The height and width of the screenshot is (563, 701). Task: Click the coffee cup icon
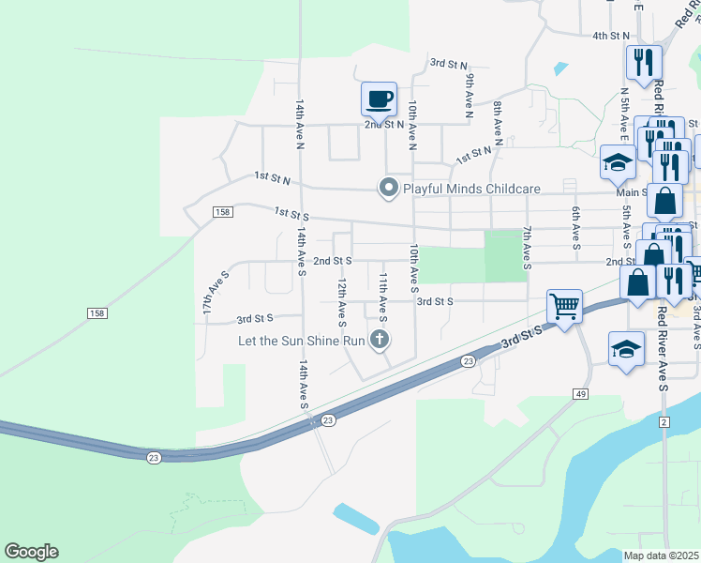(380, 98)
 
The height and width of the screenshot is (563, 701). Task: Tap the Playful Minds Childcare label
(471, 189)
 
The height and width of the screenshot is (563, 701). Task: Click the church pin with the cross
(380, 339)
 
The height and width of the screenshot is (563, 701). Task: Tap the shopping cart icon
(564, 305)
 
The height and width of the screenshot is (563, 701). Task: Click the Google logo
(31, 552)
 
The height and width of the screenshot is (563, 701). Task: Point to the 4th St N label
(610, 36)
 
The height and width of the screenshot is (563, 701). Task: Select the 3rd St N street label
(448, 64)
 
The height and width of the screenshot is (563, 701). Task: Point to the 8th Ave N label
(499, 125)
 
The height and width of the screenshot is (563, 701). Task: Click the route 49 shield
(581, 394)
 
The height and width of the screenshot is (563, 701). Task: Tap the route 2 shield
(664, 423)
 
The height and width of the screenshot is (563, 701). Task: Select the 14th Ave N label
(300, 126)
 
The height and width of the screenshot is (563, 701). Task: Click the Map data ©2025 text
(660, 555)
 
